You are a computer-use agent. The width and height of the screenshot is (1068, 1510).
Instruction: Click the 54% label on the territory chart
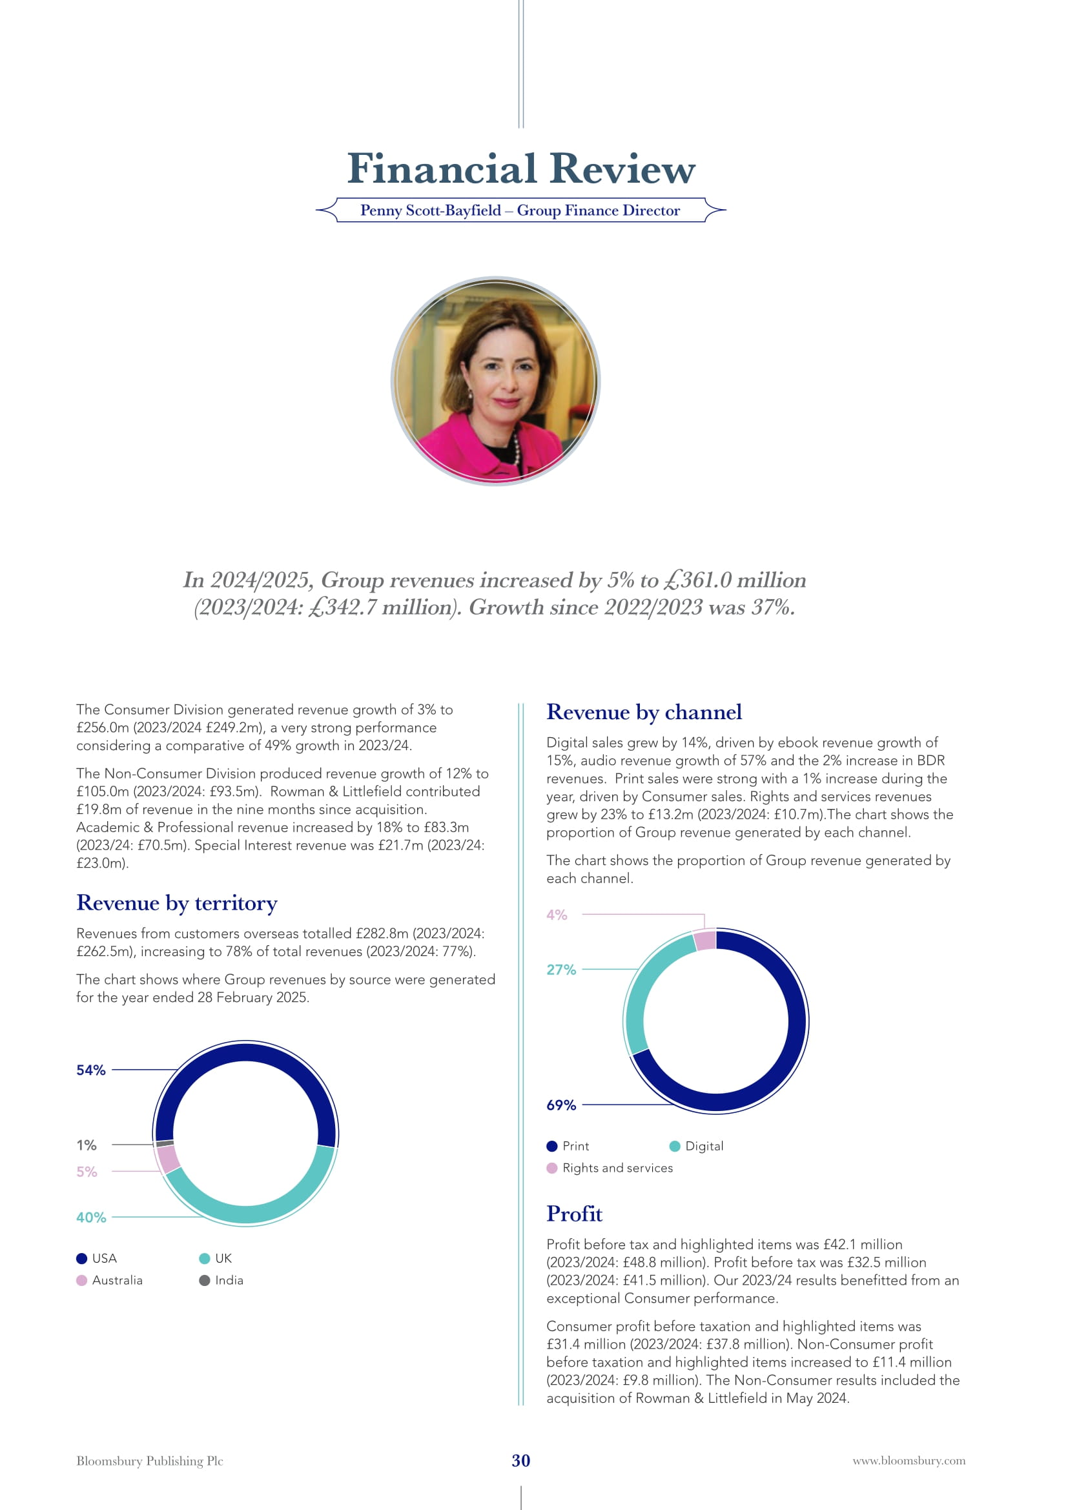[91, 1070]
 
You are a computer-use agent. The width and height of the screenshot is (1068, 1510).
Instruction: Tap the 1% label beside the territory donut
[86, 1145]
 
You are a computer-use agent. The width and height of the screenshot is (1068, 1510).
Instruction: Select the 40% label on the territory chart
[91, 1218]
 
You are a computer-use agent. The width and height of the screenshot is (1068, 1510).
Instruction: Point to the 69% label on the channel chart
[561, 1105]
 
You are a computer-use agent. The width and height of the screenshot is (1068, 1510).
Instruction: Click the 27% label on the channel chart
[561, 970]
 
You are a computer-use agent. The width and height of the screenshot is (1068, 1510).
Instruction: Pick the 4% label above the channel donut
[557, 915]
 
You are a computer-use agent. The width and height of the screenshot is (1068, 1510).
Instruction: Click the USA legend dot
[81, 1258]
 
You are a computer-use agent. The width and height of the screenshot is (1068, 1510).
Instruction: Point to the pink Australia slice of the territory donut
[169, 1159]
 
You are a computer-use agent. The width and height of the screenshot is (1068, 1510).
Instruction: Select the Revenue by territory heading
[176, 903]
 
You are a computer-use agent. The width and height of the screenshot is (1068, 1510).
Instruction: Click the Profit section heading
[574, 1214]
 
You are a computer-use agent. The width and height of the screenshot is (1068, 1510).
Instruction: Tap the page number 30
[521, 1461]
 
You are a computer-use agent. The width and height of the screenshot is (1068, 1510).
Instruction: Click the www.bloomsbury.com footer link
[909, 1461]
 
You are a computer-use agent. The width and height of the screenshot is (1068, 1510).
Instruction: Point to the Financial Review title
[521, 168]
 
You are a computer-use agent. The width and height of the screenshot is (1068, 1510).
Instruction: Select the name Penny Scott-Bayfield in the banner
[430, 210]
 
